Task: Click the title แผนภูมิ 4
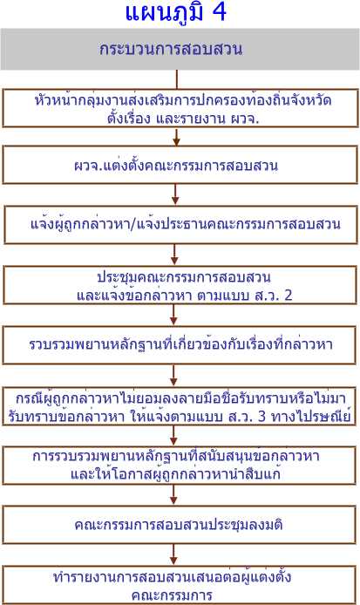(176, 12)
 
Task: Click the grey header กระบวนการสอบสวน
(180, 49)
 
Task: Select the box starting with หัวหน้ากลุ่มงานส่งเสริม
(180, 108)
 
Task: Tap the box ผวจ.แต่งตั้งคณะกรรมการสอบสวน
(180, 165)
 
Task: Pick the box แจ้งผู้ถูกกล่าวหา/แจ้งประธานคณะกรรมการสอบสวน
(181, 225)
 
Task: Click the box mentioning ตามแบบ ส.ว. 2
(180, 285)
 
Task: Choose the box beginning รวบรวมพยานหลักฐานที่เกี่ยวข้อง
(180, 345)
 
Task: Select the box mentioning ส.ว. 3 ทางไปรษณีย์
(179, 406)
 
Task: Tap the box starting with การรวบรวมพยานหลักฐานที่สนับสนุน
(179, 466)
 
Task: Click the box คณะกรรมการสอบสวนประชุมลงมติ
(179, 525)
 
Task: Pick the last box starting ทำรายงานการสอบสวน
(179, 585)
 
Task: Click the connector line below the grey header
(177, 79)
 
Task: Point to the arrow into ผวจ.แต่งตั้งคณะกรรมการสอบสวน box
(176, 137)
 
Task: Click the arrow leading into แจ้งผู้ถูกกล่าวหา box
(175, 195)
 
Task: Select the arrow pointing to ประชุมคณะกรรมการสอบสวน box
(175, 255)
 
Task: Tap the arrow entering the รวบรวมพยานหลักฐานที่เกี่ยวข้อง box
(173, 316)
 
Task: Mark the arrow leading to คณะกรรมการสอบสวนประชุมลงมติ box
(173, 495)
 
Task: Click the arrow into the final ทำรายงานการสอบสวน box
(173, 555)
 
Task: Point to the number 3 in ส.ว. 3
(262, 417)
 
